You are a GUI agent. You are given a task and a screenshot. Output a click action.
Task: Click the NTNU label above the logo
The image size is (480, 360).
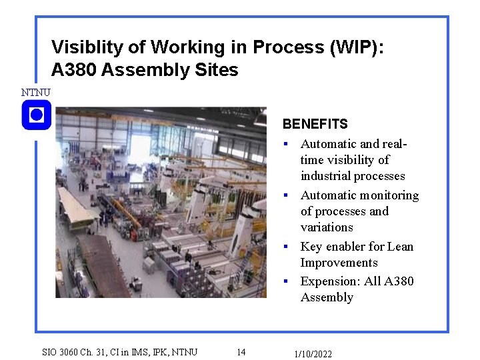pos(35,92)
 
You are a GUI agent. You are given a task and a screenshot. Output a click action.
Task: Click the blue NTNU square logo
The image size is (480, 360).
pos(37,115)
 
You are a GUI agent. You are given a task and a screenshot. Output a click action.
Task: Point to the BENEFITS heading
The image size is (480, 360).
pos(315,124)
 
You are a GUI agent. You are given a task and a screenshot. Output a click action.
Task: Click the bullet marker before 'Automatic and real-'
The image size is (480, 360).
pos(285,144)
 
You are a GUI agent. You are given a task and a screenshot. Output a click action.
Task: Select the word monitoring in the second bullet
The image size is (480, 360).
pos(388,195)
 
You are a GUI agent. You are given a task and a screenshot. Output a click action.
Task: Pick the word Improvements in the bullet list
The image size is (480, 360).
pos(339,263)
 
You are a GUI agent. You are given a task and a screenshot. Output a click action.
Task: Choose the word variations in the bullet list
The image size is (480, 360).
pos(327,227)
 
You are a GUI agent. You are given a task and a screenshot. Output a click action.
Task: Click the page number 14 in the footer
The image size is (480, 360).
pos(241,352)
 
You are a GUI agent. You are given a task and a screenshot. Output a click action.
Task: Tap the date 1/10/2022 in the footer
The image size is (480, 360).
pos(313,354)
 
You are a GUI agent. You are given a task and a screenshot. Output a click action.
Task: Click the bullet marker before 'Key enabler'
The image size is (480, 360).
pos(285,247)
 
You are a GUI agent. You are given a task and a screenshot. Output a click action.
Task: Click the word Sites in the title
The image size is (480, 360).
pos(218,69)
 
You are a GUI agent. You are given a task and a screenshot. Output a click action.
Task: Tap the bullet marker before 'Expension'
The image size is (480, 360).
pos(285,282)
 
